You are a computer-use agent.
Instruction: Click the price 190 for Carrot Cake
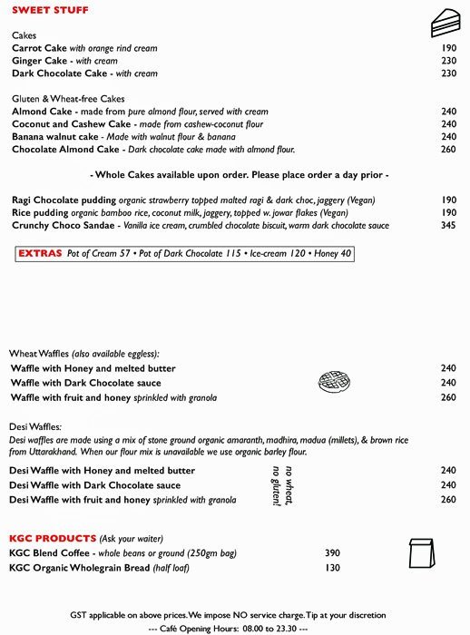(448, 48)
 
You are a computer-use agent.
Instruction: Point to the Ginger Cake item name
(39, 61)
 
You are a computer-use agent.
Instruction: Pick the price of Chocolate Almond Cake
(448, 150)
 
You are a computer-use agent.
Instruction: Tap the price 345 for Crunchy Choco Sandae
(448, 225)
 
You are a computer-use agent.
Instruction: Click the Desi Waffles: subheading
(35, 425)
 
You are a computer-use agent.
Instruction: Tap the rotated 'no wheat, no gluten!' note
(283, 485)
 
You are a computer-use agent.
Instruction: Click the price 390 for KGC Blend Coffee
(332, 553)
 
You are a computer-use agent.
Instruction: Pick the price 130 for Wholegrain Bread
(332, 568)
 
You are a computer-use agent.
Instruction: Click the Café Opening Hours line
(228, 628)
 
